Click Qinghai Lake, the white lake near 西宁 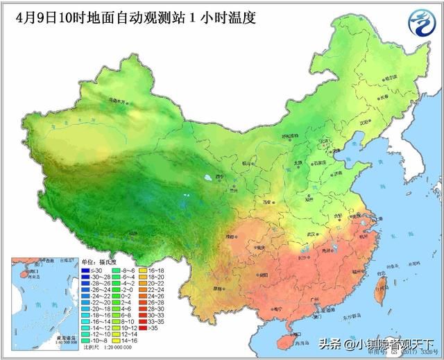[208, 182]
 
